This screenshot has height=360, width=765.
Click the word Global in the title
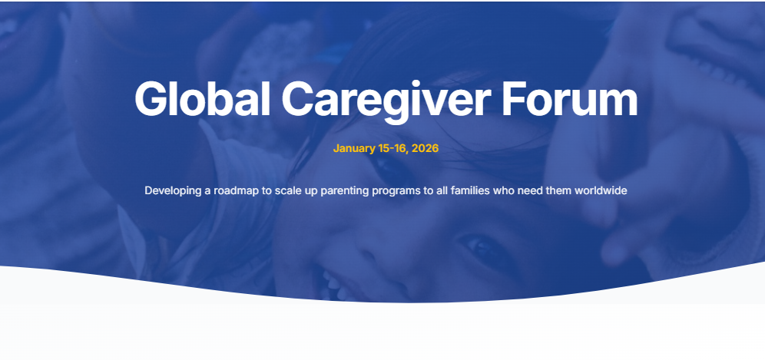(202, 100)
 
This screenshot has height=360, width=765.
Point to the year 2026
(425, 148)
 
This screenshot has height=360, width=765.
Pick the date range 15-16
(393, 148)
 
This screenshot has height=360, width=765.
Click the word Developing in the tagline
(173, 190)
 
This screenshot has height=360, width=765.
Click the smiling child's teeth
(332, 279)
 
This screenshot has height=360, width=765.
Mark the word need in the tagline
(529, 190)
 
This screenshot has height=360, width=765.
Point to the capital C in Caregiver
(296, 100)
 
